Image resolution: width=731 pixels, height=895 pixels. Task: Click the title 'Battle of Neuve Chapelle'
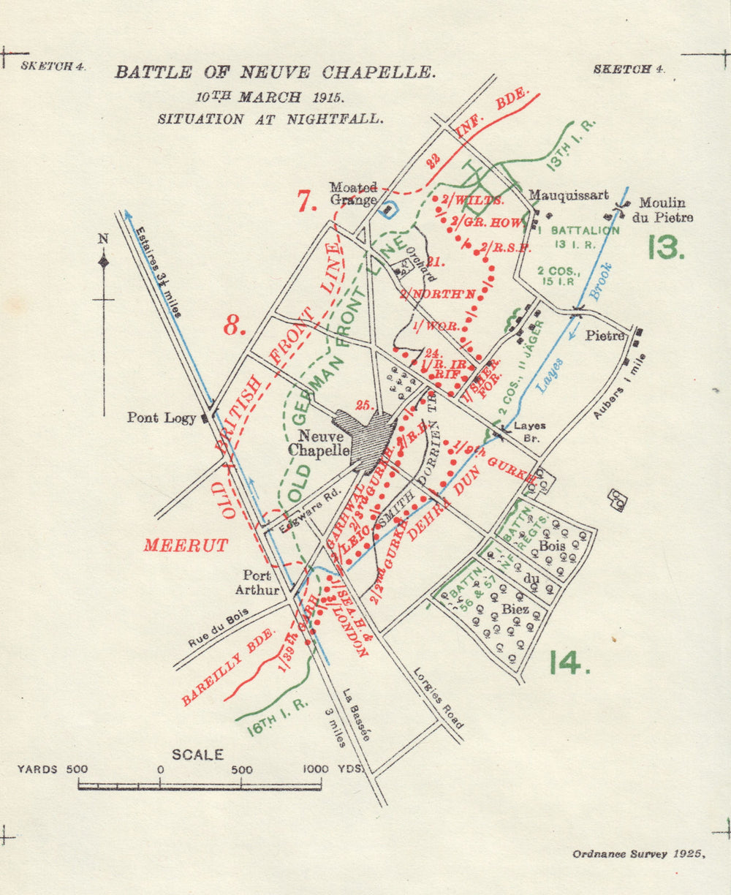coord(275,72)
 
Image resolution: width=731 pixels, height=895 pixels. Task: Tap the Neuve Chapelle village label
coord(319,443)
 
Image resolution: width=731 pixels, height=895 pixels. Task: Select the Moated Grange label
coord(353,194)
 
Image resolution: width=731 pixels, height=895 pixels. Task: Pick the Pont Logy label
coord(162,418)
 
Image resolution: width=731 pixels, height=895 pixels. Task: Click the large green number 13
coord(666,247)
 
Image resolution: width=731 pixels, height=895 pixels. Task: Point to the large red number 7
coord(307,200)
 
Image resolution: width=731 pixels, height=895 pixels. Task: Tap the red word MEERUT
coord(186,545)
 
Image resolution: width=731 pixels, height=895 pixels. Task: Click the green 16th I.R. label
coord(277,717)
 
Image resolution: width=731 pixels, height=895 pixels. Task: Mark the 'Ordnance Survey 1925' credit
coord(639,853)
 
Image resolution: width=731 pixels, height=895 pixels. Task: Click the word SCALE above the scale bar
coord(197,755)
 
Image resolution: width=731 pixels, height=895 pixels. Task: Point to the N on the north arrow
coord(103,238)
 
